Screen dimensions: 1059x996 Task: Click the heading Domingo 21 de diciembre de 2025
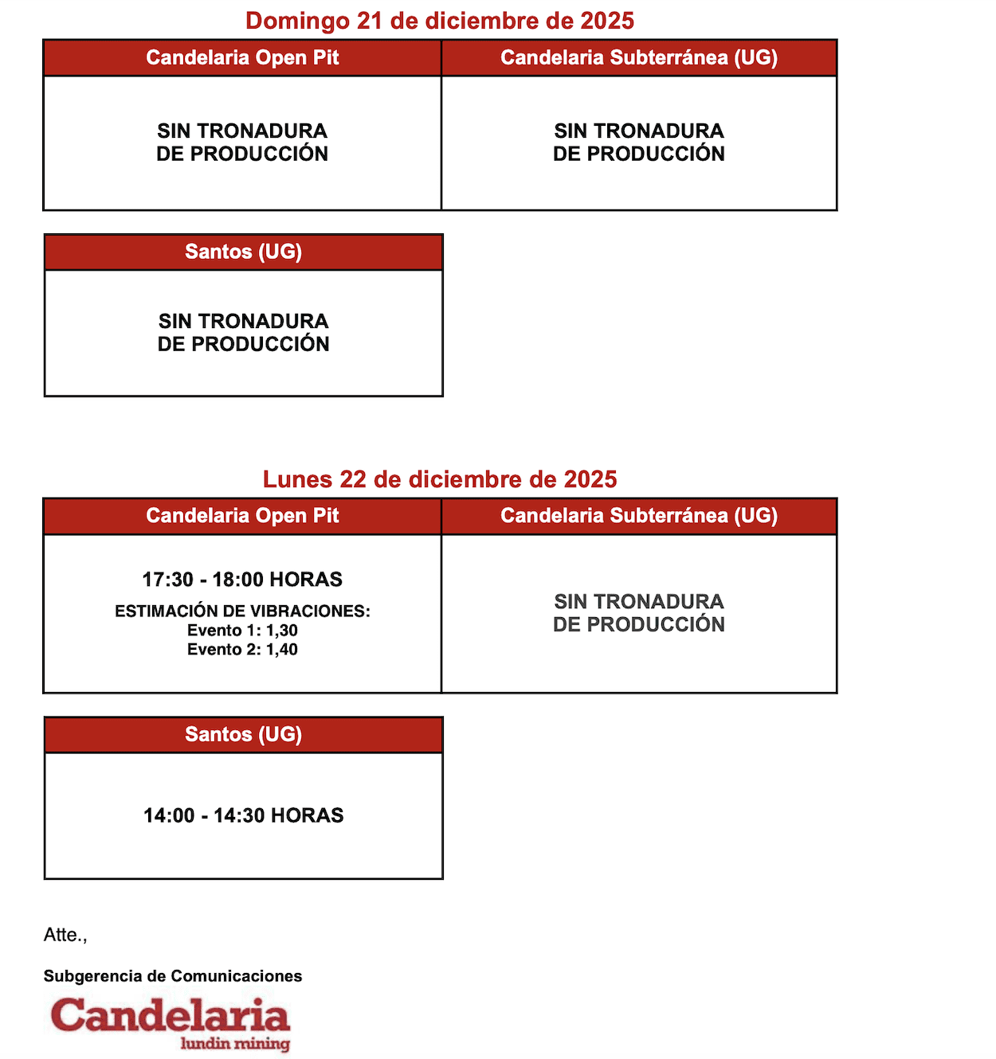tap(439, 21)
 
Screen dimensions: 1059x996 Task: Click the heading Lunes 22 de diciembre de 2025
tap(440, 479)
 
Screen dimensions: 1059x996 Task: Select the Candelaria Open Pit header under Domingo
tap(242, 58)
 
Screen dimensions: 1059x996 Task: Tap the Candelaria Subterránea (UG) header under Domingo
tap(639, 58)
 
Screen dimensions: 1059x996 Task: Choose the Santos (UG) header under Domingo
tap(243, 252)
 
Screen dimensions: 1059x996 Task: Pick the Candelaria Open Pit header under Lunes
tap(242, 516)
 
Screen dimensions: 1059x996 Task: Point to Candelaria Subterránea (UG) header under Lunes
tap(639, 516)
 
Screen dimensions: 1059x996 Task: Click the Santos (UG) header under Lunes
tap(243, 734)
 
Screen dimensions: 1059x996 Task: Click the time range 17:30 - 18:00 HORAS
tap(242, 580)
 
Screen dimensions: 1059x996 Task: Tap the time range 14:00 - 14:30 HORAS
tap(243, 815)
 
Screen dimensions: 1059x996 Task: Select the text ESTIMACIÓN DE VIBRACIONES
tap(242, 612)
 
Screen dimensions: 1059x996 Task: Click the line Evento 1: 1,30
tap(242, 631)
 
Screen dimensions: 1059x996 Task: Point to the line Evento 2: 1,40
tap(242, 650)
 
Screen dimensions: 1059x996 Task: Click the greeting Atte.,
tap(65, 935)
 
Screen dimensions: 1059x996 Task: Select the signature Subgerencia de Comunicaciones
tap(173, 976)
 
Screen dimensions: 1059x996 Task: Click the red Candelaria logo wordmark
tap(170, 1016)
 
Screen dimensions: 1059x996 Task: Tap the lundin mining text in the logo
tap(235, 1043)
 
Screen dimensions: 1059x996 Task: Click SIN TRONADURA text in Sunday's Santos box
tap(243, 322)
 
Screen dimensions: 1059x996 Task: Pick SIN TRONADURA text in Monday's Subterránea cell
tap(639, 602)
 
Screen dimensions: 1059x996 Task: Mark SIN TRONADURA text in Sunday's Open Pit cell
tap(242, 131)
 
